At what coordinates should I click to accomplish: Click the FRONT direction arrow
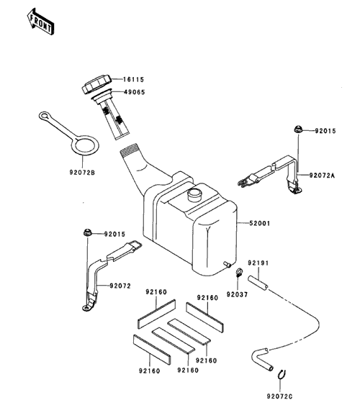coord(40,22)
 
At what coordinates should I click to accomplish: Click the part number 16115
coord(134,80)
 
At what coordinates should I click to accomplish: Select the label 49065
coord(135,92)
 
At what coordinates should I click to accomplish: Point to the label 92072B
coord(82,173)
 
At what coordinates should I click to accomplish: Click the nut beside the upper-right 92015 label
coord(298,130)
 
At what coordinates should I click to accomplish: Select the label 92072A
coord(322,176)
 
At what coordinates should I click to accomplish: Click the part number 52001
coord(260,223)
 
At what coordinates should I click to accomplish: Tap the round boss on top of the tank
coord(194,195)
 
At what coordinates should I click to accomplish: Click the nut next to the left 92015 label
coord(86,232)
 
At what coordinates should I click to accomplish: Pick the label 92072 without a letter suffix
coord(120,286)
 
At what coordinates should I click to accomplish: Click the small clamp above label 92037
coord(239,272)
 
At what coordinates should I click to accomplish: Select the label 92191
coord(258,263)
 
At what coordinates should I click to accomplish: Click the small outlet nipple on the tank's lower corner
coord(227,264)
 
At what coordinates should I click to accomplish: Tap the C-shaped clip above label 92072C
coord(282,375)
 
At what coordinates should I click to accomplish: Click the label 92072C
coord(279,396)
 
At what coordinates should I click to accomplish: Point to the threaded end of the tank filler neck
coord(129,150)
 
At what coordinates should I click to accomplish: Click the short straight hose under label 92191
coord(258,283)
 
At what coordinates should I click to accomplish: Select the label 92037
coord(238,294)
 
